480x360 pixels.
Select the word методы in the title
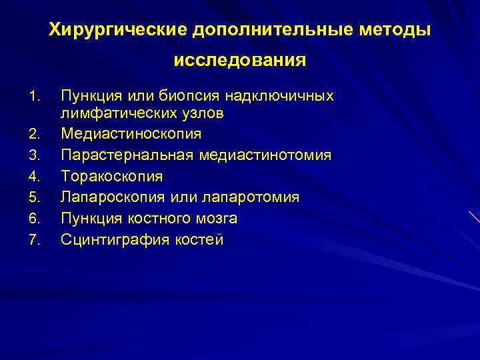tap(397, 30)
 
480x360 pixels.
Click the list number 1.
tap(35, 97)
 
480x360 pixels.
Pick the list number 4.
tap(35, 177)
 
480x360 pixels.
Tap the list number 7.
tap(35, 240)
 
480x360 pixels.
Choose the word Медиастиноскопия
tap(131, 134)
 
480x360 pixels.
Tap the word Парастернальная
tap(127, 155)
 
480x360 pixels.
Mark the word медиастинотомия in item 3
tap(264, 155)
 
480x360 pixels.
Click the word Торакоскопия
tap(111, 177)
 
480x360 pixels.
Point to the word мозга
tap(215, 219)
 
